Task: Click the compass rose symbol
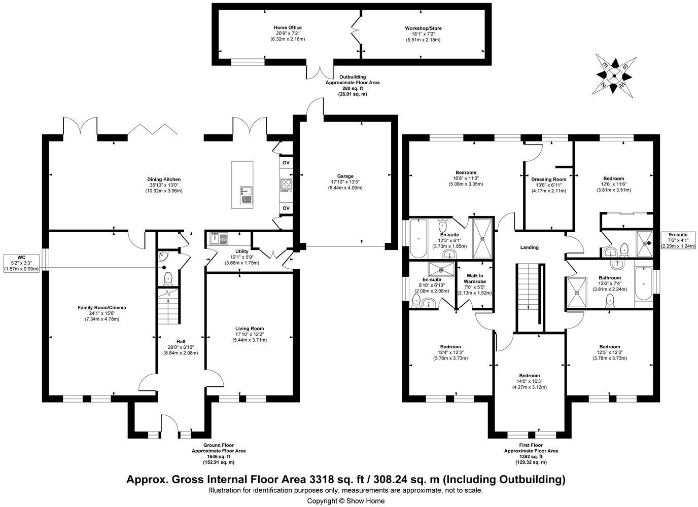(614, 76)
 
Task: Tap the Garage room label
(345, 176)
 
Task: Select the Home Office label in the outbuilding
(288, 28)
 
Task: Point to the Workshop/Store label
(423, 28)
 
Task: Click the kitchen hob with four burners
(286, 185)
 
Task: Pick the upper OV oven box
(286, 163)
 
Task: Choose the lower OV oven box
(286, 208)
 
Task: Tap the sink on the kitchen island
(246, 195)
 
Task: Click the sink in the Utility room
(219, 238)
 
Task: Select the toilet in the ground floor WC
(168, 278)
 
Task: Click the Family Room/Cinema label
(102, 308)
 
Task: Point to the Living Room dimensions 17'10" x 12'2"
(250, 334)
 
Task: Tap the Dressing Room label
(549, 179)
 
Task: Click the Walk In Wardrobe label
(475, 278)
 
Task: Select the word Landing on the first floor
(530, 247)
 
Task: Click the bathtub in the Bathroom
(643, 283)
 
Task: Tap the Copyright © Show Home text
(346, 501)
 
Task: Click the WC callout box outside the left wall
(21, 264)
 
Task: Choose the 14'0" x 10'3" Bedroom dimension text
(530, 381)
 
